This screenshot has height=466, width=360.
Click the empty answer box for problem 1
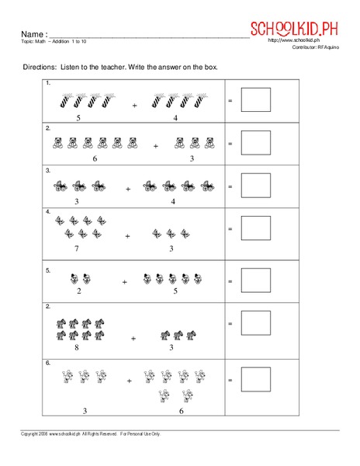(x=257, y=101)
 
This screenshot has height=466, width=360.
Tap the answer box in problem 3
(x=257, y=187)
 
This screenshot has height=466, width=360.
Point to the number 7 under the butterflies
(x=76, y=249)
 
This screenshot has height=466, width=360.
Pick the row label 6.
(x=48, y=363)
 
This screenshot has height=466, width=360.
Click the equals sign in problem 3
(x=230, y=187)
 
